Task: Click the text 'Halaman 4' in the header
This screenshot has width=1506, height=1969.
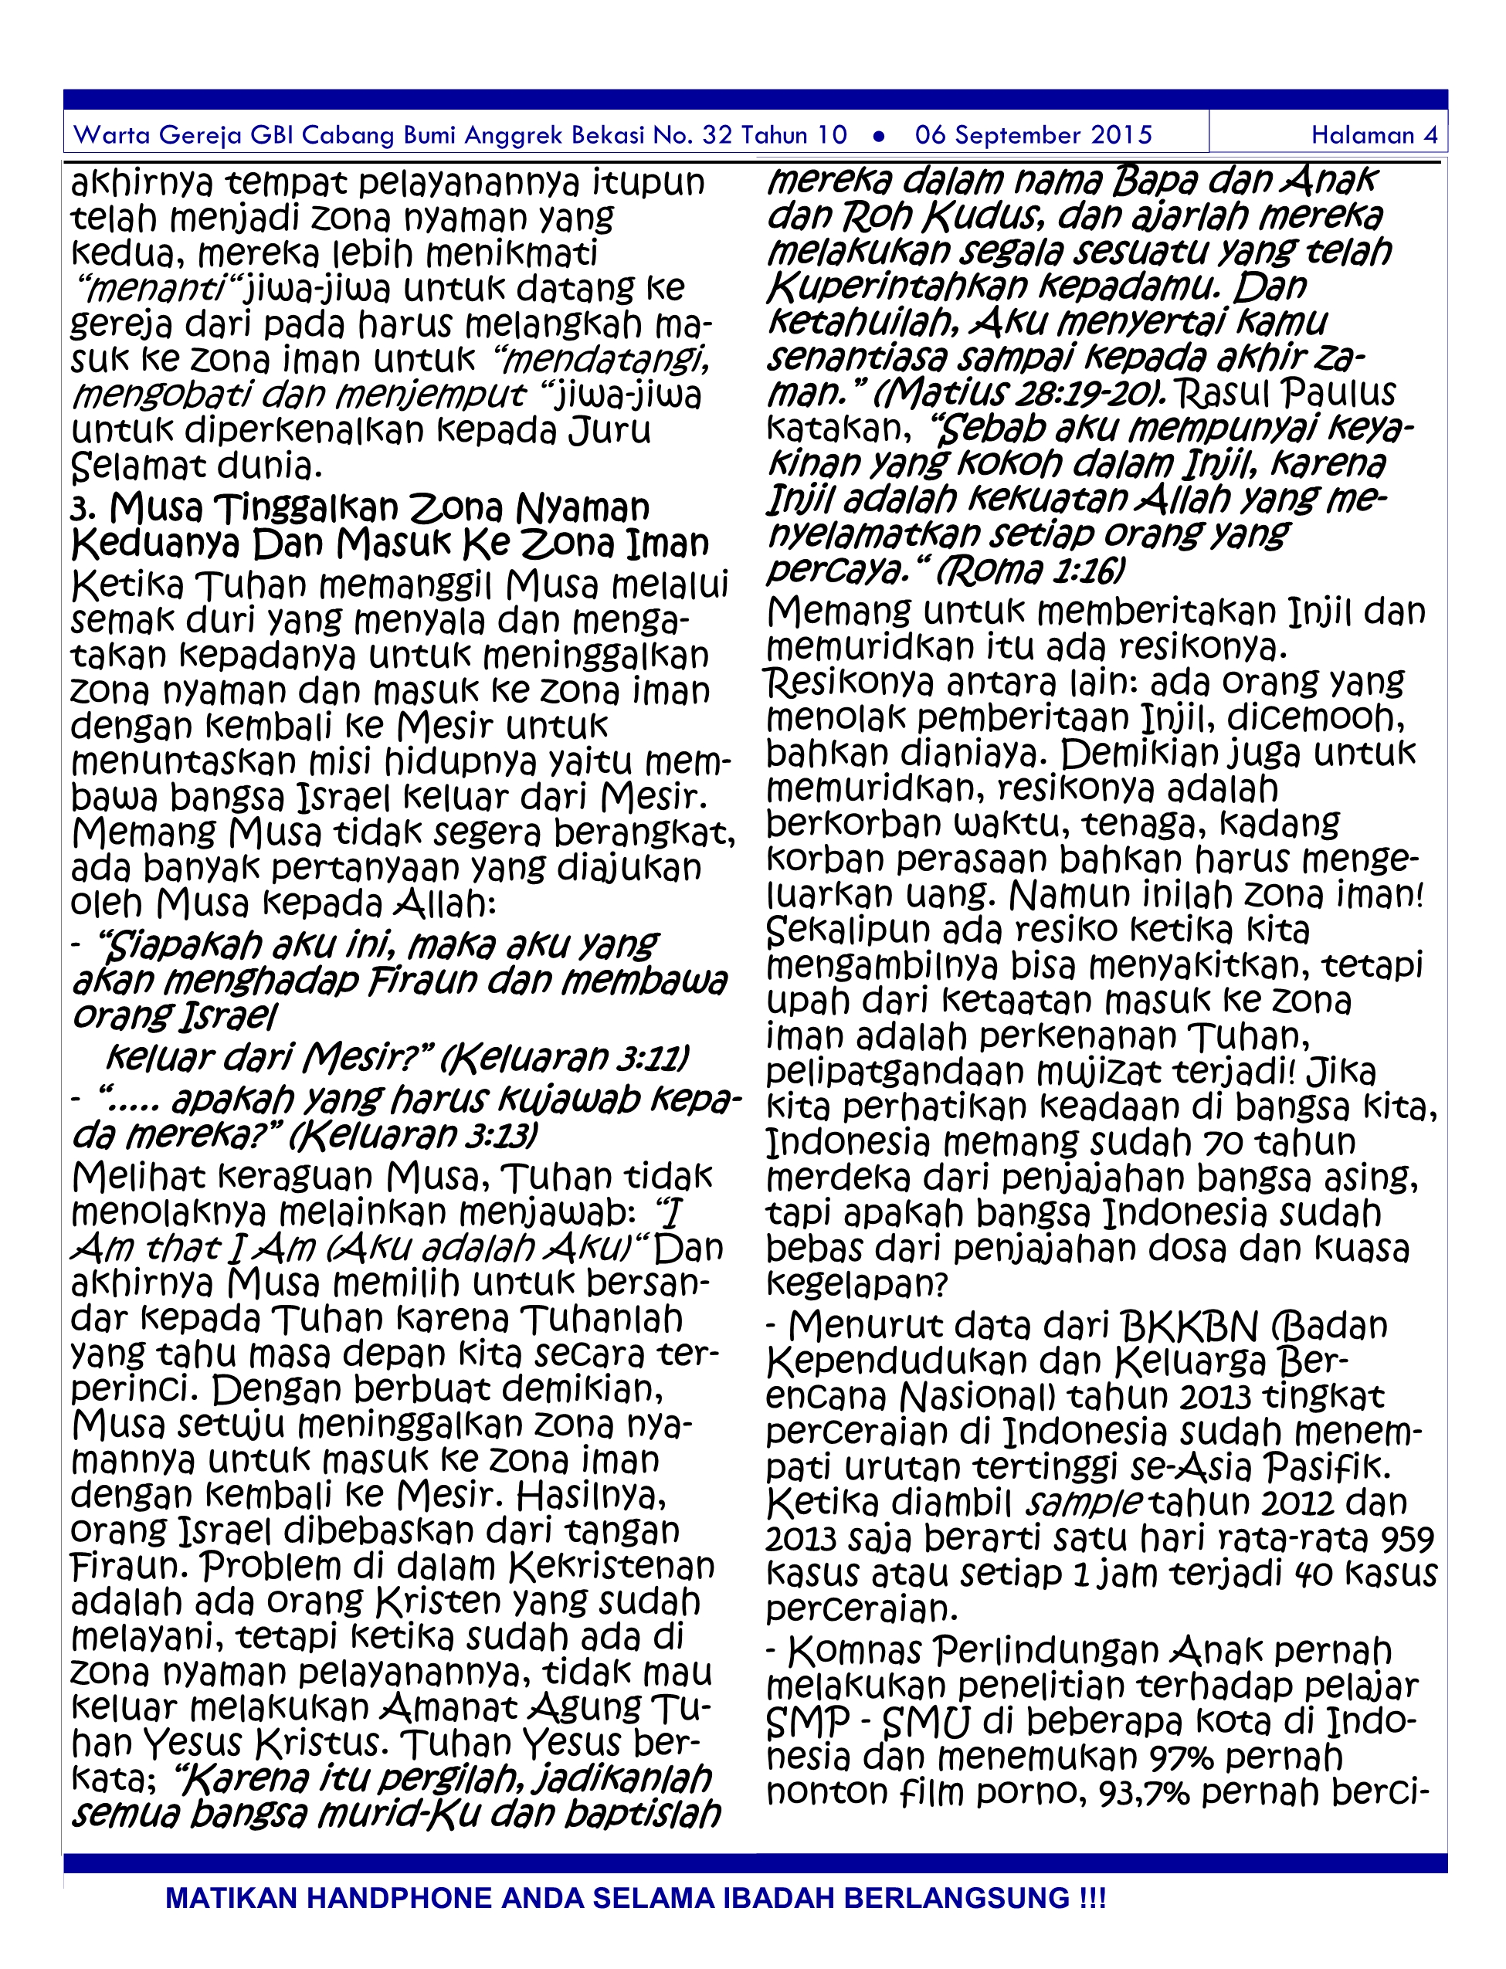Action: pos(1374,135)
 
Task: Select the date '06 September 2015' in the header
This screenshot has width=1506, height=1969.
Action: pos(1033,135)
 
